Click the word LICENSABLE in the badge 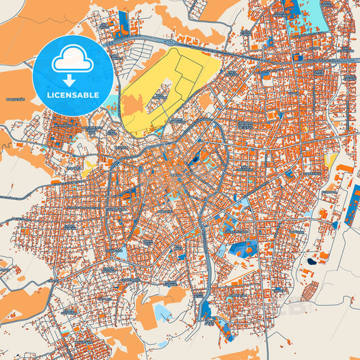(72, 95)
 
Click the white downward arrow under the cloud (72, 76)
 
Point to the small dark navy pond (311, 261)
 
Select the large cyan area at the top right (307, 19)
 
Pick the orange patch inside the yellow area (132, 105)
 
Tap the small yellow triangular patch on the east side (330, 159)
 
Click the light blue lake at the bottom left (162, 311)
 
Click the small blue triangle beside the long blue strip (336, 224)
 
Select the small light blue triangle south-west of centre (122, 253)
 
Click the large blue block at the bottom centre (206, 310)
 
